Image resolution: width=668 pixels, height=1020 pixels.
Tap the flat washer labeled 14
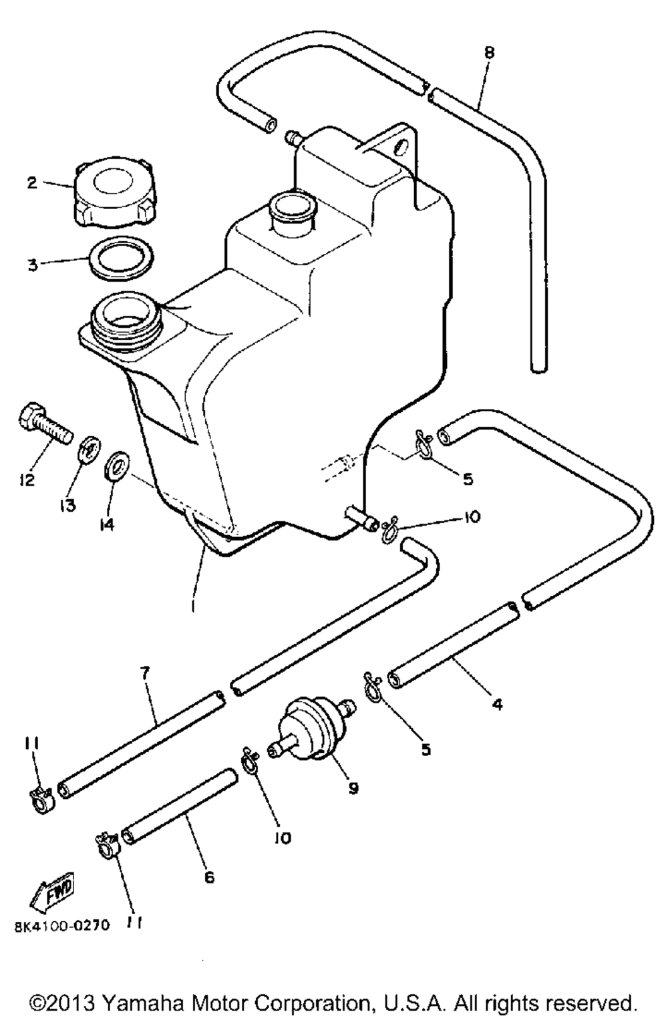(x=118, y=466)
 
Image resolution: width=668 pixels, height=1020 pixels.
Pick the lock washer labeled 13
(x=91, y=448)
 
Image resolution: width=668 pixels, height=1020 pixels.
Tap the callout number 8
(x=489, y=52)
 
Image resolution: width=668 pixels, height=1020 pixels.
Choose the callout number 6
(x=209, y=877)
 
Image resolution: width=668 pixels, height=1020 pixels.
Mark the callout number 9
(x=353, y=788)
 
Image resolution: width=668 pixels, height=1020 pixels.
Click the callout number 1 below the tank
(x=192, y=607)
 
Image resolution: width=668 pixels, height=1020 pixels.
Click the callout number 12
(x=27, y=480)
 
